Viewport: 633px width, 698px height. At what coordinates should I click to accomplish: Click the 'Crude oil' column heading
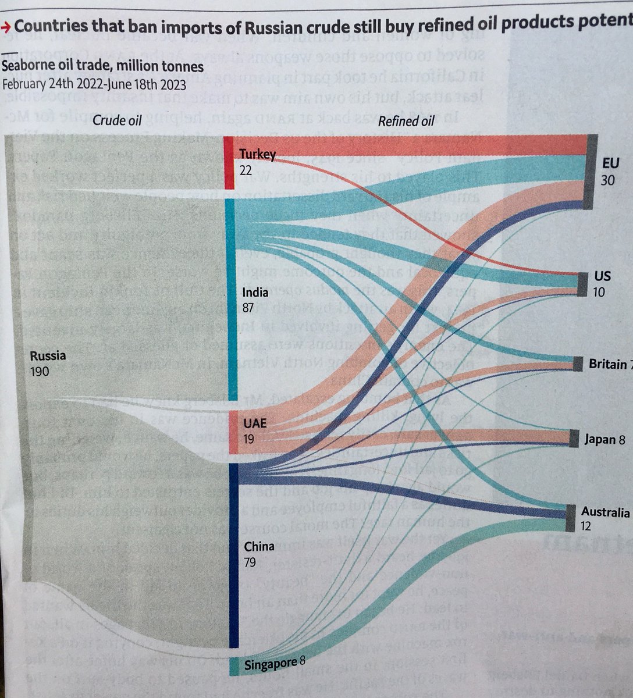[x=117, y=120]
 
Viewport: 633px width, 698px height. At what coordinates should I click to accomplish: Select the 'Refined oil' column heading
[x=406, y=120]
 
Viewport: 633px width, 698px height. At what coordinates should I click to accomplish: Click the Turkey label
[x=257, y=154]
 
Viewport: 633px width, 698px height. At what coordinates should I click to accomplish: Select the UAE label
[x=255, y=423]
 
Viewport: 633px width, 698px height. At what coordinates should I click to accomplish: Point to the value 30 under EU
[x=607, y=180]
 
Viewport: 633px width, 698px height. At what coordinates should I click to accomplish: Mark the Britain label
[x=607, y=364]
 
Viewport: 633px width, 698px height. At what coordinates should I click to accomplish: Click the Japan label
[x=600, y=440]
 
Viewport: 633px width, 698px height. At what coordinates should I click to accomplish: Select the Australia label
[x=605, y=512]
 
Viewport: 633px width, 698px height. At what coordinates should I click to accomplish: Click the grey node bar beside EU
[x=589, y=172]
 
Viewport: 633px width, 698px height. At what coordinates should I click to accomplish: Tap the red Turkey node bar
[x=229, y=163]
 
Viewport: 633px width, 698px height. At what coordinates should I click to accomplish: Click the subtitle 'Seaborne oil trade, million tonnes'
[x=102, y=67]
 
